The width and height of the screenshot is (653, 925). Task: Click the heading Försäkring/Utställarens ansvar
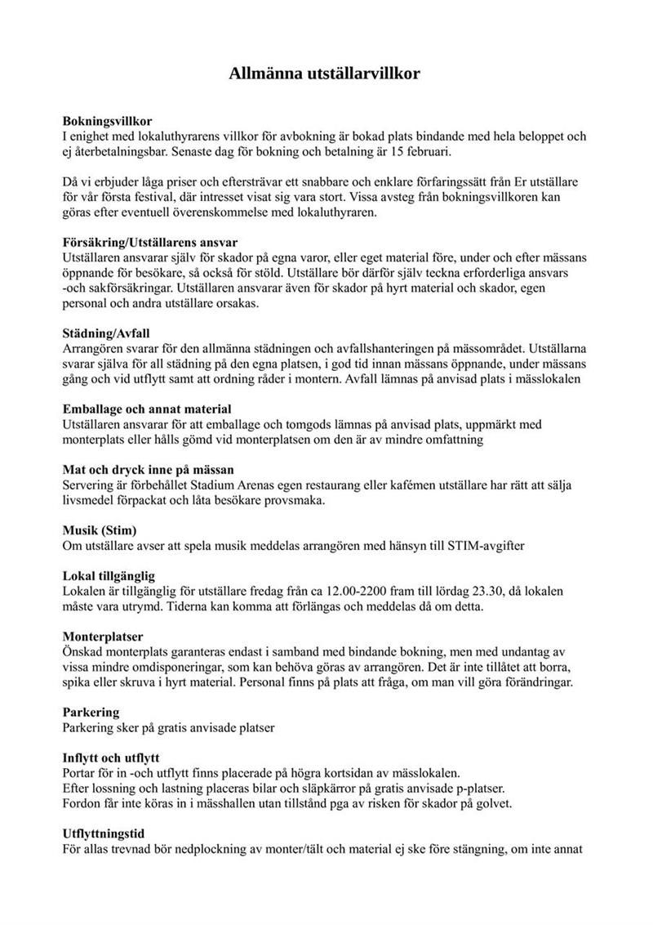(x=150, y=243)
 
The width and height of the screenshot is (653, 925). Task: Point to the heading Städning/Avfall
(x=106, y=333)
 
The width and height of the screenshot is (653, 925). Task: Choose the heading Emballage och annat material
(x=147, y=409)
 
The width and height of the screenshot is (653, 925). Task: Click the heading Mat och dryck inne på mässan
(x=149, y=469)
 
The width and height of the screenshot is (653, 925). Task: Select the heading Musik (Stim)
(x=100, y=530)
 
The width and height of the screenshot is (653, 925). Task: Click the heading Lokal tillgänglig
(x=109, y=575)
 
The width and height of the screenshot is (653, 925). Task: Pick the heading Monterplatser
(x=103, y=636)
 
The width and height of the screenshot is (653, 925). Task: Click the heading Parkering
(x=91, y=712)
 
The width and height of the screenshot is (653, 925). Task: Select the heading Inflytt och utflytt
(x=111, y=757)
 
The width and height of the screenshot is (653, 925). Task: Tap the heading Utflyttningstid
(x=104, y=834)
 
